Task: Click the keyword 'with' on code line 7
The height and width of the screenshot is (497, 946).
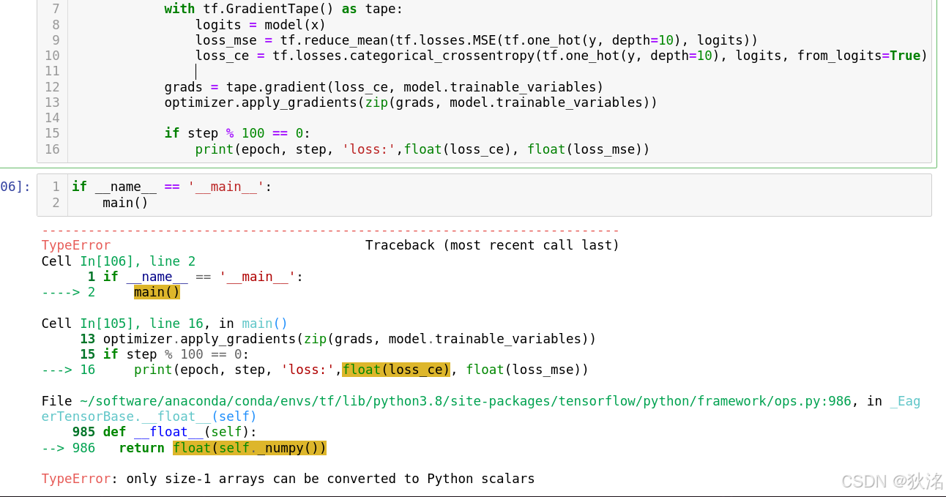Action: click(179, 9)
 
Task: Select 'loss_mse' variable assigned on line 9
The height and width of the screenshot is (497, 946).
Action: click(226, 40)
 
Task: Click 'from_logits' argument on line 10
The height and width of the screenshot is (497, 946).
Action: click(839, 56)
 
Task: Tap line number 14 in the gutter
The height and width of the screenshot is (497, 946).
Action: click(52, 118)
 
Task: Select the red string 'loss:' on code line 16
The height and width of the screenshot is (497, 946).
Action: click(369, 149)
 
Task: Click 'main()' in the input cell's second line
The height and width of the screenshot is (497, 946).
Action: click(125, 203)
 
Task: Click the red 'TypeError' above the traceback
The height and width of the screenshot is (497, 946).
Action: click(76, 245)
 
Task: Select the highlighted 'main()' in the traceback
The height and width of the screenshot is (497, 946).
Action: click(157, 292)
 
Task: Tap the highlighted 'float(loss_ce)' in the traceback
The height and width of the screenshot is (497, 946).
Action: click(395, 370)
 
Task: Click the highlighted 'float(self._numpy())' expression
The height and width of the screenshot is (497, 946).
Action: click(250, 448)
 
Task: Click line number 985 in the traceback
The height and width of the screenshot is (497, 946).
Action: click(83, 432)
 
